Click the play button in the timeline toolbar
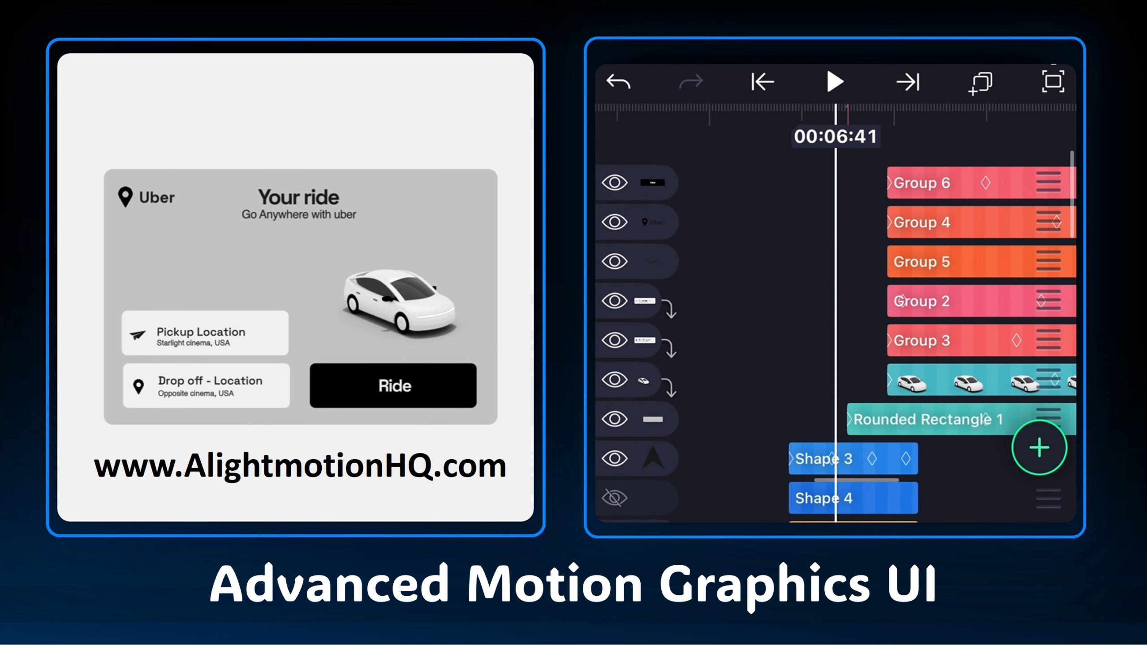coord(834,82)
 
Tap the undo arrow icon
coord(618,82)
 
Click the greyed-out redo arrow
coord(691,82)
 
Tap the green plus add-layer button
coord(1039,447)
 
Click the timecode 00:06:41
coord(835,137)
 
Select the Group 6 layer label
coord(922,183)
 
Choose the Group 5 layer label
coord(922,262)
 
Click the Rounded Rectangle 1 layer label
coord(927,419)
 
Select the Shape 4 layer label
coord(824,498)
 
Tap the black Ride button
coord(393,386)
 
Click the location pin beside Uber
coord(125,197)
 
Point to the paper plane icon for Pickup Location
coord(138,335)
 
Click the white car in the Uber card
coord(398,301)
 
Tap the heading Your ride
coord(298,197)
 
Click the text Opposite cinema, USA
coord(196,393)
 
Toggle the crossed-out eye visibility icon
coord(615,498)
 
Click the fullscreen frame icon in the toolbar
coord(1053,82)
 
